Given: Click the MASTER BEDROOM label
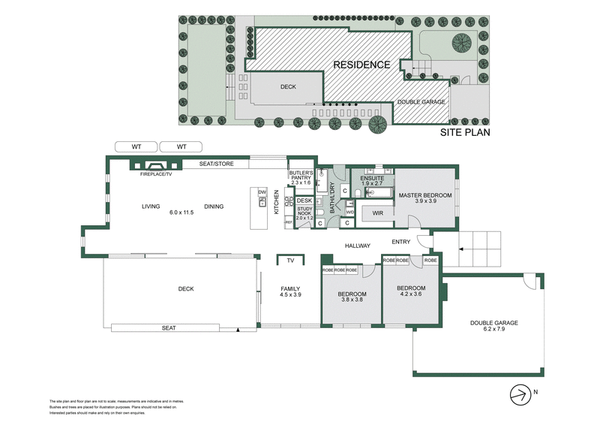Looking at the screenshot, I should pos(425,195).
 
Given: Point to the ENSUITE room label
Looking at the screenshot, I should pos(372,178).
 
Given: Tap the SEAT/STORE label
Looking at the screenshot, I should pos(214,163).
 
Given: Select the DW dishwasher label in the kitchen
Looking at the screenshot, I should pos(262,192).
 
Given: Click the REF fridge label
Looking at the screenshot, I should pos(287,222).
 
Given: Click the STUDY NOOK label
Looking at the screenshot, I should pos(304,212).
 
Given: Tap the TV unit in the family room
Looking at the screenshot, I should pos(289,261).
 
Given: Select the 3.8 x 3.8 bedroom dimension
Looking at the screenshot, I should pos(351,300).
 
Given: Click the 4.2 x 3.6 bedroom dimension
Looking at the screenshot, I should pos(411,294).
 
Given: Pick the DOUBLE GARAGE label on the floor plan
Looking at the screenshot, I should pos(494,323).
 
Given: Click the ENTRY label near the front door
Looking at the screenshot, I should pos(402,241).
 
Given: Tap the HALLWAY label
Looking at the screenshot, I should pos(358,246).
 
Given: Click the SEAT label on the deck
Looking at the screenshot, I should pos(169,327).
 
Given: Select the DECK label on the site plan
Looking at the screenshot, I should pos(288,86).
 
